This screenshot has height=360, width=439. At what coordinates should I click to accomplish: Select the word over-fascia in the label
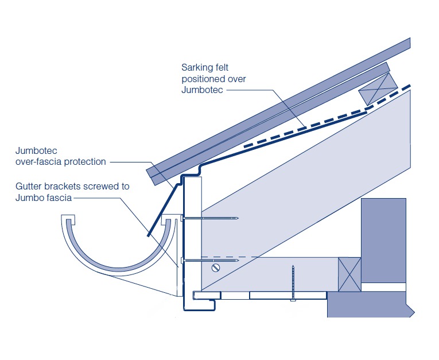point(38,162)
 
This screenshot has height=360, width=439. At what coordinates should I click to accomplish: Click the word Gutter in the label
point(30,186)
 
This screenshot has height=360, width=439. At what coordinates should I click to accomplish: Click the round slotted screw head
point(216,268)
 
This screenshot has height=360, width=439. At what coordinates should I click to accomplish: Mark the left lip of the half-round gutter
point(68,220)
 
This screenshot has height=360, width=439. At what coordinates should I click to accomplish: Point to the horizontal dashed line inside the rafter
point(230,256)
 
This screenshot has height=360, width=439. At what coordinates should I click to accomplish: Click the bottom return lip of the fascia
point(207,296)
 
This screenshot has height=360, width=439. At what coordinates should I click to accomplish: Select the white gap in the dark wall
point(384,286)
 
